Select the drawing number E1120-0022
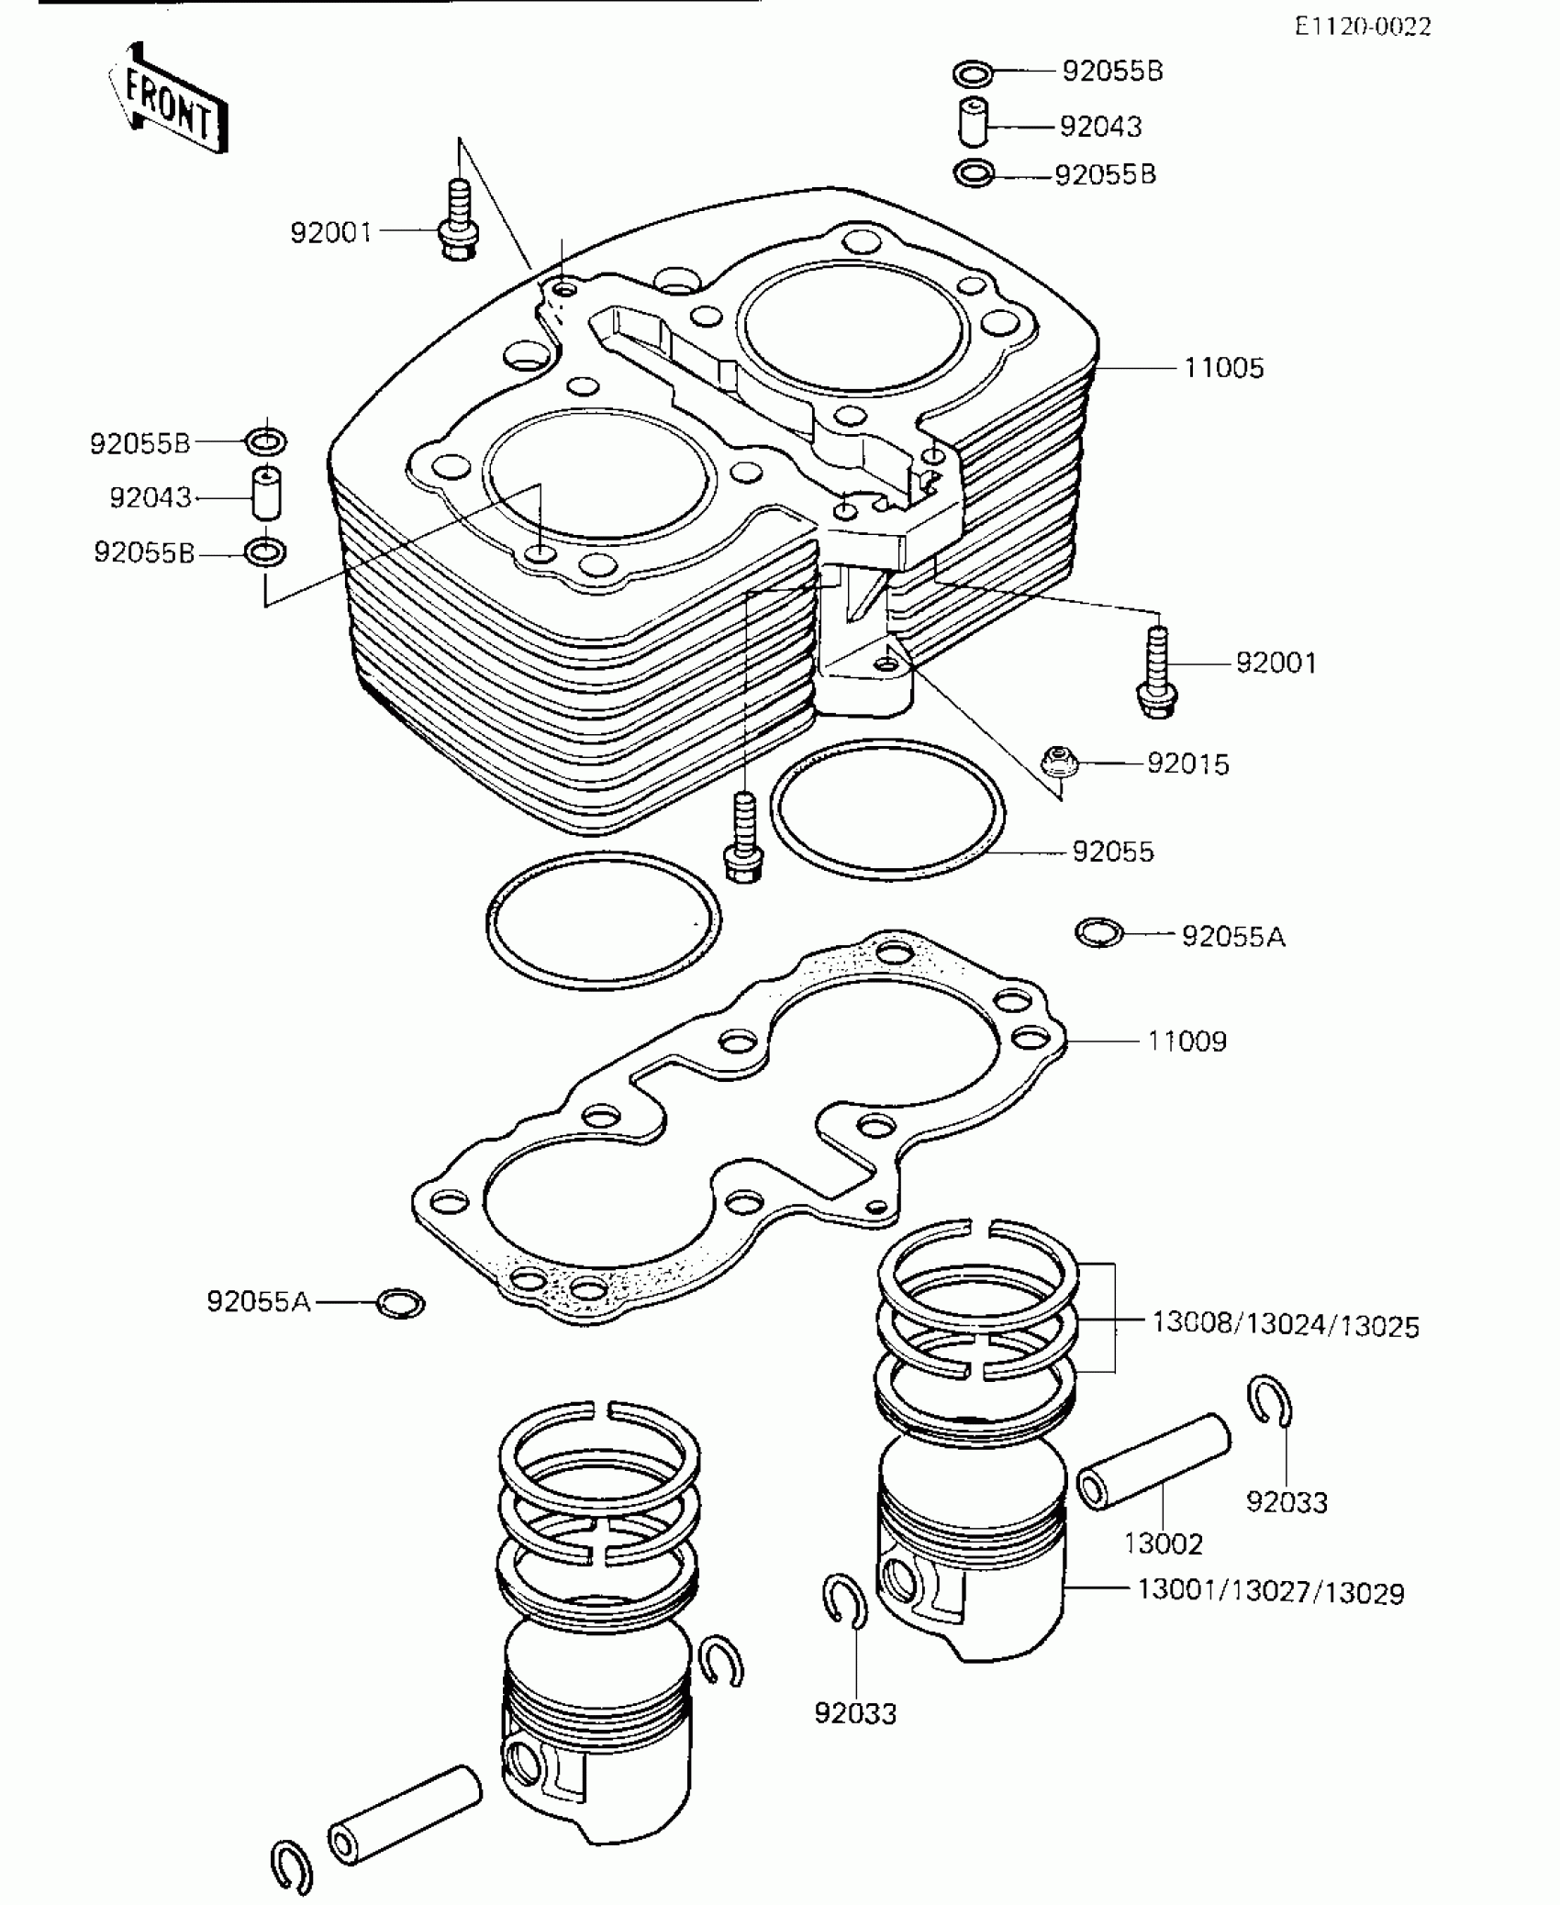click(1363, 27)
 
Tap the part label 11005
click(1223, 369)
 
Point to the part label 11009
click(1187, 1042)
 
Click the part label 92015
click(1187, 763)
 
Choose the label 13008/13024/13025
click(1285, 1326)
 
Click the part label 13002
click(1163, 1544)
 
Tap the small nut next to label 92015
click(1058, 761)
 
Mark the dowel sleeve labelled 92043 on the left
click(266, 496)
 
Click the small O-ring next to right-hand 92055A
click(1098, 933)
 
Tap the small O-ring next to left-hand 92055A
click(401, 1302)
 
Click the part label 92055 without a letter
click(1112, 852)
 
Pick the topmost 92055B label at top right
click(1112, 72)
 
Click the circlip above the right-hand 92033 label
click(1272, 1402)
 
